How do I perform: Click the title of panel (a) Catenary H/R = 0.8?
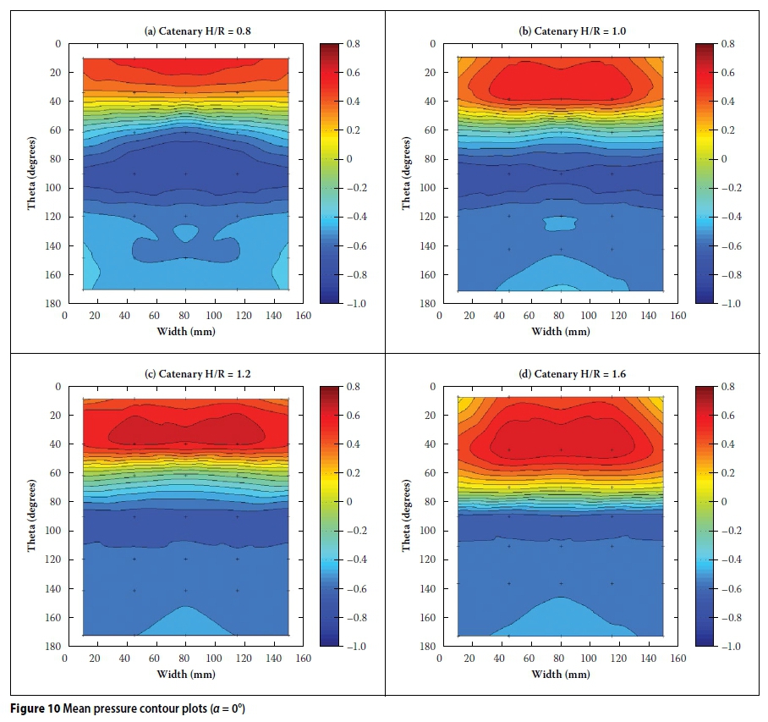[x=185, y=32]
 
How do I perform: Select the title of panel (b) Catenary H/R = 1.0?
[x=560, y=32]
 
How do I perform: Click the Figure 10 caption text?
[x=127, y=708]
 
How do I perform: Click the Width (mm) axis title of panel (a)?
[x=185, y=331]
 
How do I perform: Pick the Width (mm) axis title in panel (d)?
[x=560, y=674]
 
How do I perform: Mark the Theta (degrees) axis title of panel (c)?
[x=31, y=516]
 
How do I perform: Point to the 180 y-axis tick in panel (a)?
[x=54, y=303]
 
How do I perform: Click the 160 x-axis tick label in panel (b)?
[x=678, y=317]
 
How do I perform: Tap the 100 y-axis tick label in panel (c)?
[x=54, y=531]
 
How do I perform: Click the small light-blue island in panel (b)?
[x=560, y=223]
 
